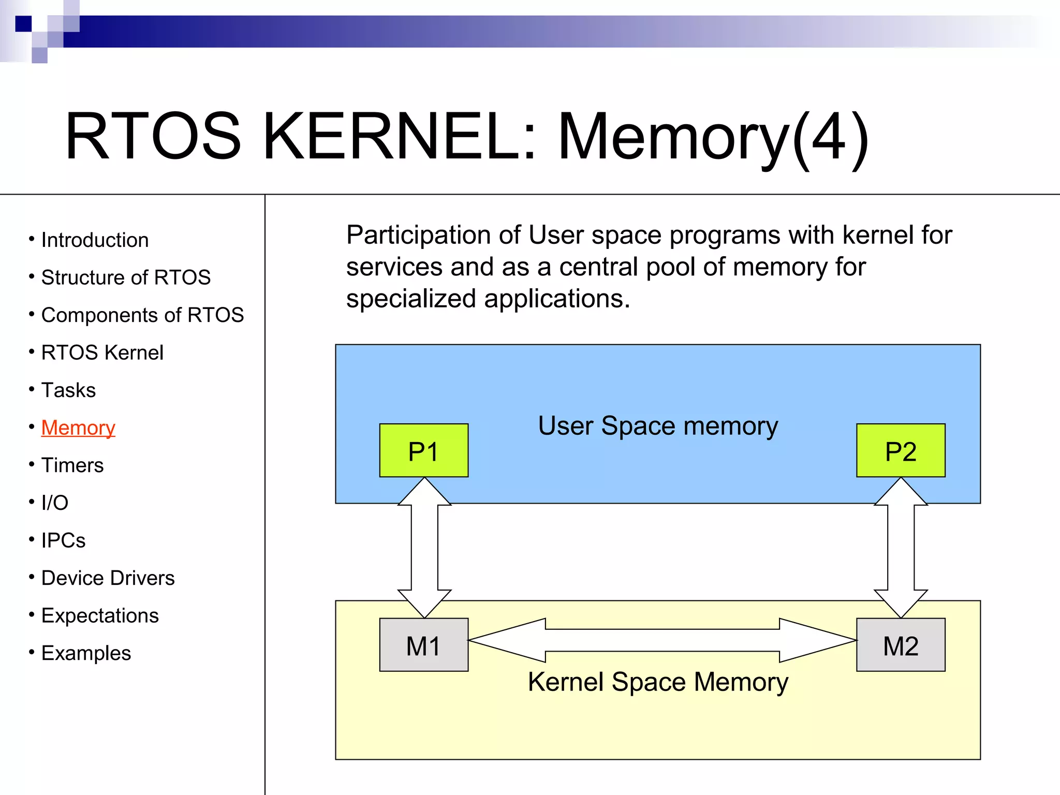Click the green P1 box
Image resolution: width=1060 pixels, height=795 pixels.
[423, 450]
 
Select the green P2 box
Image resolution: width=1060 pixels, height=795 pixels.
[901, 450]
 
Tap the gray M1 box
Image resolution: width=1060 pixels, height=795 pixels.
[423, 645]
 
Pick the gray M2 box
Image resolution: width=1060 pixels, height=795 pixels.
[901, 645]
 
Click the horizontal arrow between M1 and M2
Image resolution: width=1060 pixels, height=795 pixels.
[662, 640]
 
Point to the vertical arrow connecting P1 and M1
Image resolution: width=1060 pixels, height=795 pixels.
[424, 548]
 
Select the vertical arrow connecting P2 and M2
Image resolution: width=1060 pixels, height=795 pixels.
[901, 548]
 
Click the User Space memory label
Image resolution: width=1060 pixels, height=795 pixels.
[658, 426]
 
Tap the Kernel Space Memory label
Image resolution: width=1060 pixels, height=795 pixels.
[658, 682]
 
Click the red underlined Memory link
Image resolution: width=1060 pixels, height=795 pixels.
[78, 428]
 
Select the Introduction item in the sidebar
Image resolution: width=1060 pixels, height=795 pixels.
[95, 240]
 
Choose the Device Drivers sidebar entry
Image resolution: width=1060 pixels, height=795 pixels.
[108, 578]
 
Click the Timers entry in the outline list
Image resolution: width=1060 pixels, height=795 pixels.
[72, 465]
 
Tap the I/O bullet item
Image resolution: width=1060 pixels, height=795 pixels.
[55, 503]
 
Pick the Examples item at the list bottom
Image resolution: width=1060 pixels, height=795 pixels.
[86, 653]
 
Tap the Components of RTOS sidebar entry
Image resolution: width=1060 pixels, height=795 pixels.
[142, 315]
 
